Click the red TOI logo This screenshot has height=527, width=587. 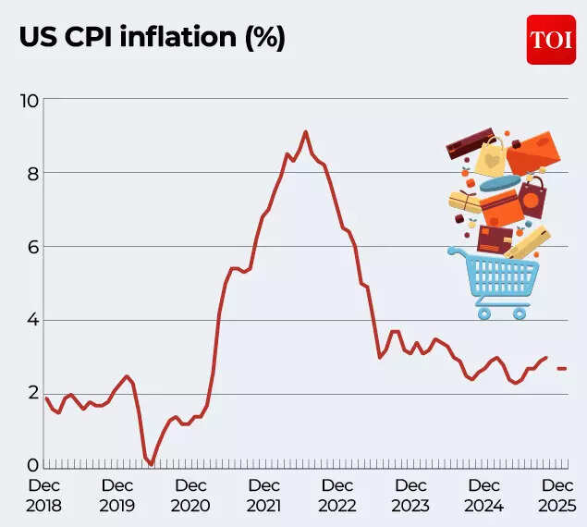(x=551, y=40)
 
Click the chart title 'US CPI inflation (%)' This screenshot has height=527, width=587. (x=153, y=38)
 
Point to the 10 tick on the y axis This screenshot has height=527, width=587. (x=29, y=100)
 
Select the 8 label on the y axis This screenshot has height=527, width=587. (x=31, y=173)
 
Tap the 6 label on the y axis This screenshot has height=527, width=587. (x=31, y=247)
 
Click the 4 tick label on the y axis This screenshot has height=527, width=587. (x=31, y=320)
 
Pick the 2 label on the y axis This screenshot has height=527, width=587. (x=31, y=394)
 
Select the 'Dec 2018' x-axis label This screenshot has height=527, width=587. (x=43, y=496)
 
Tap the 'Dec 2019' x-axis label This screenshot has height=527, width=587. (x=117, y=496)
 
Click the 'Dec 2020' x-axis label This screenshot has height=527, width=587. (x=190, y=496)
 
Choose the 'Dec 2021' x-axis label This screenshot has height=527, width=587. (x=264, y=496)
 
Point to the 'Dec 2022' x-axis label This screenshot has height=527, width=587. (x=337, y=496)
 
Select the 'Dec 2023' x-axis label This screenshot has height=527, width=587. (x=410, y=496)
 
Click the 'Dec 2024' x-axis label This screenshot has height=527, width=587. (x=483, y=496)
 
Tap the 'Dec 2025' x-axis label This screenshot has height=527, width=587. (x=556, y=496)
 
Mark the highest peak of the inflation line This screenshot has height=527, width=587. (x=306, y=131)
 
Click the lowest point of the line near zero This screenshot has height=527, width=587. (x=151, y=463)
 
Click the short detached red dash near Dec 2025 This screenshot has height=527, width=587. (x=561, y=369)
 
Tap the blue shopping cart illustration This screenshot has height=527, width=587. (x=495, y=281)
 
